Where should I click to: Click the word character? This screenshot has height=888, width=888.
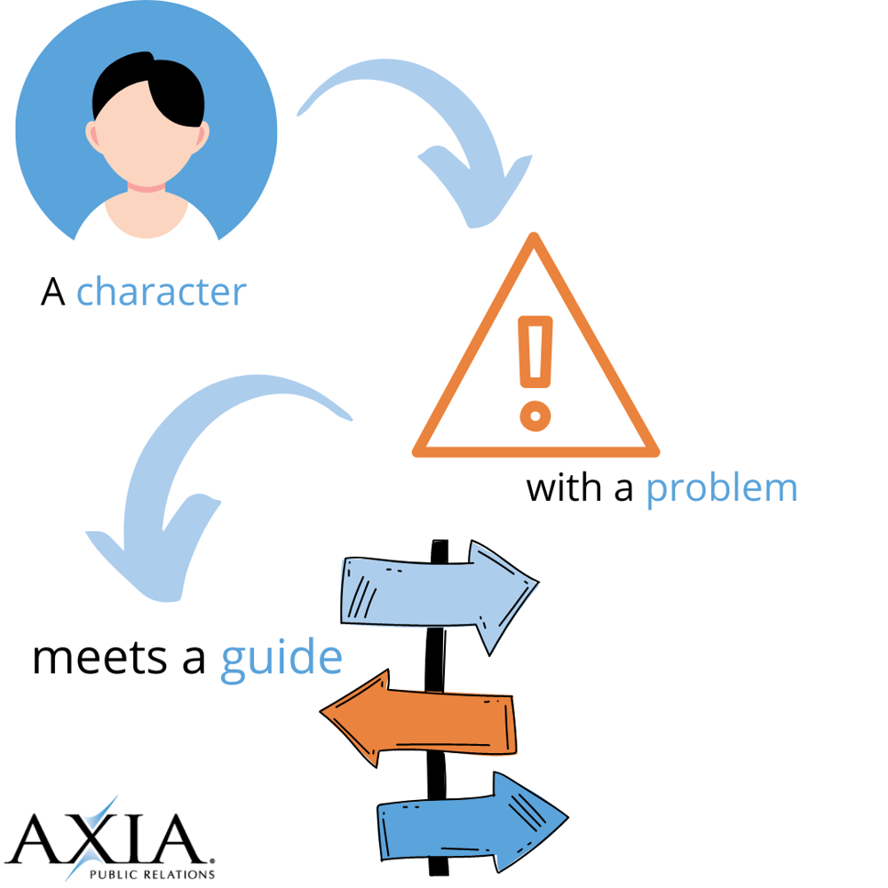(161, 291)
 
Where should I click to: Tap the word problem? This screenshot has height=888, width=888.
(721, 488)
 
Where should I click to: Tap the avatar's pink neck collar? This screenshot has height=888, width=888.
(147, 187)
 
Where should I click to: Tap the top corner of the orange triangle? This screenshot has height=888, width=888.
(535, 240)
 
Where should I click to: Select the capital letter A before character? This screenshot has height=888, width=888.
(53, 292)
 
